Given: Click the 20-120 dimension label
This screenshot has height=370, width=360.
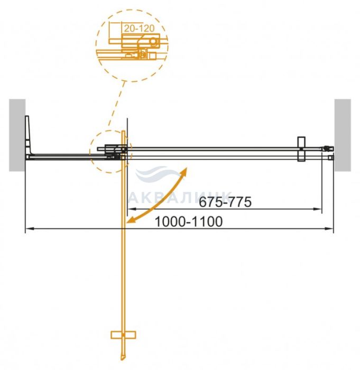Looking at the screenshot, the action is tap(139, 29).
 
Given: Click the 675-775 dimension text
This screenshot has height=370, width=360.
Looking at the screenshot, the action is tap(225, 202).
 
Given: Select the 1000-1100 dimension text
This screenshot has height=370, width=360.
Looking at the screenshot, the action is tap(189, 221).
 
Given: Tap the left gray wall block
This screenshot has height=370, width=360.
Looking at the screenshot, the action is tap(17, 135).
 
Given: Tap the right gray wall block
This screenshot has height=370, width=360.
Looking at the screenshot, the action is tap(343, 135).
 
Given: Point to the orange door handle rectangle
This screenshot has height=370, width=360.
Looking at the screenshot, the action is tap(123, 335).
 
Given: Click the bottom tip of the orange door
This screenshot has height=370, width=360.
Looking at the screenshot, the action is tap(122, 360).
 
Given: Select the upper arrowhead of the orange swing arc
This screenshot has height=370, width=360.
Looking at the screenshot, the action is tap(184, 172).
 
